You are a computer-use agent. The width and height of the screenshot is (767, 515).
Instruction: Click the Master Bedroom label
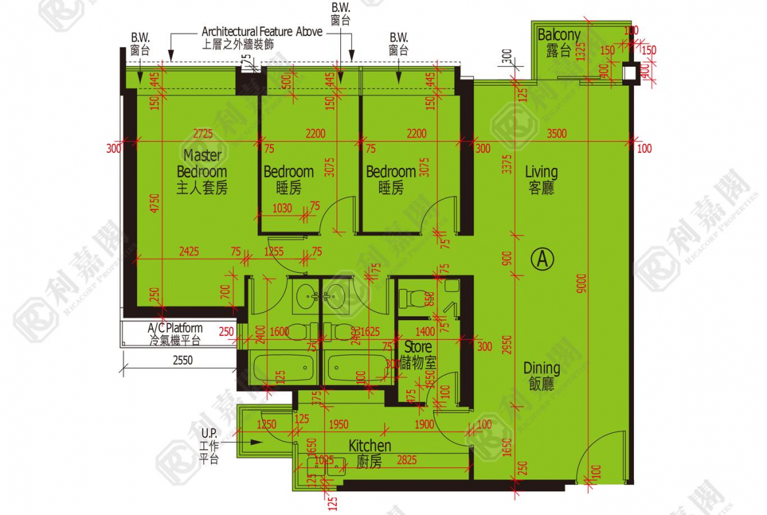[202, 172]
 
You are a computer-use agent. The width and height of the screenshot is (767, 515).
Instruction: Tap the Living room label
[541, 179]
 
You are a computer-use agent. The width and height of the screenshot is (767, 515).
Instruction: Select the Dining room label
[541, 375]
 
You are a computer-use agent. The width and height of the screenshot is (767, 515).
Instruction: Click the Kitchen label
[370, 453]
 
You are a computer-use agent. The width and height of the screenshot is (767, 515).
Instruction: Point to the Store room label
[418, 354]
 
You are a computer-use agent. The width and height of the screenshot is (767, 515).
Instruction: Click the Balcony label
[559, 42]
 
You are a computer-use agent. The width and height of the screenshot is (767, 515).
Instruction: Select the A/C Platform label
[175, 334]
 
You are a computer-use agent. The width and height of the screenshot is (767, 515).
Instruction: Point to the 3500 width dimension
[556, 134]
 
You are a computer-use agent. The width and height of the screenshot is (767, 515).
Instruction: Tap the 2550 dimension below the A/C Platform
[183, 360]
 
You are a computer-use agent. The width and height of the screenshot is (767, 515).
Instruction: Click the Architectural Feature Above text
[262, 31]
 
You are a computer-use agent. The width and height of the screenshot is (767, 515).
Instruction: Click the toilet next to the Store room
[412, 299]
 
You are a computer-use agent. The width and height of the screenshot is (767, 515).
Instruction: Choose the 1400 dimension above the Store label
[425, 332]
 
